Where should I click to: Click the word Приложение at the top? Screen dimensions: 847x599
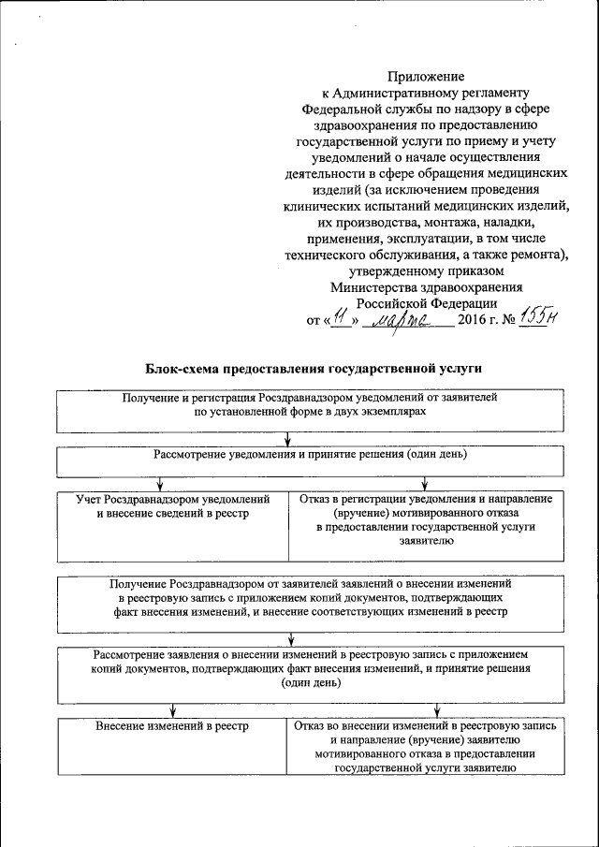pyautogui.click(x=426, y=76)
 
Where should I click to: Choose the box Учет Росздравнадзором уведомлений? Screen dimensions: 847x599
pyautogui.click(x=172, y=519)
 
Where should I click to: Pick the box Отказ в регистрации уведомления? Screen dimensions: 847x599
pyautogui.click(x=426, y=519)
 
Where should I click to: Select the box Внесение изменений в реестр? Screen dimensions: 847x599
pyautogui.click(x=172, y=746)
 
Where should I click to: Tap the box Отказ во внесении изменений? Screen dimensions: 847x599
pyautogui.click(x=426, y=746)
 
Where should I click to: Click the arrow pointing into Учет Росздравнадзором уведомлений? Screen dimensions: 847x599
pyautogui.click(x=160, y=484)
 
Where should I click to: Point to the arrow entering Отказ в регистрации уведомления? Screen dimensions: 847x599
pyautogui.click(x=425, y=484)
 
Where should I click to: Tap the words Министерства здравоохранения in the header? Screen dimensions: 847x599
pyautogui.click(x=426, y=288)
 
